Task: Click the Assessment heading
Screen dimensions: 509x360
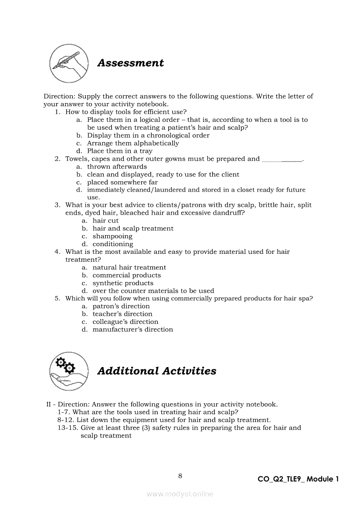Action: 130,63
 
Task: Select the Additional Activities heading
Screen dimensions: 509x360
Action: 156,371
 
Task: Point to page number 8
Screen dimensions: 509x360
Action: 180,475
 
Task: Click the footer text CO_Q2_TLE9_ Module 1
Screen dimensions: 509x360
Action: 298,479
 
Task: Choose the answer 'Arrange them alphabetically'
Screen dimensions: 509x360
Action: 133,143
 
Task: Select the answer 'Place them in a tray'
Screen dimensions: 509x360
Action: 120,151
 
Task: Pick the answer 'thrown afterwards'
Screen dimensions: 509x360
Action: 117,167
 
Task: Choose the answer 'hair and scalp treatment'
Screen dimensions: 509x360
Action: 133,229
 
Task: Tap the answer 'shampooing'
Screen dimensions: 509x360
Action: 112,236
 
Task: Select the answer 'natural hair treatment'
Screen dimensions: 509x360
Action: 129,267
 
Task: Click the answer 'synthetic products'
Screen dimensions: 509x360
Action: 123,283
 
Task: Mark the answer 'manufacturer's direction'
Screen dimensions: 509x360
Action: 132,330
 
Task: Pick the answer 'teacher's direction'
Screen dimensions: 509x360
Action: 122,314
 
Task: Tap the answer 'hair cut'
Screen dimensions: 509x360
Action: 105,221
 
